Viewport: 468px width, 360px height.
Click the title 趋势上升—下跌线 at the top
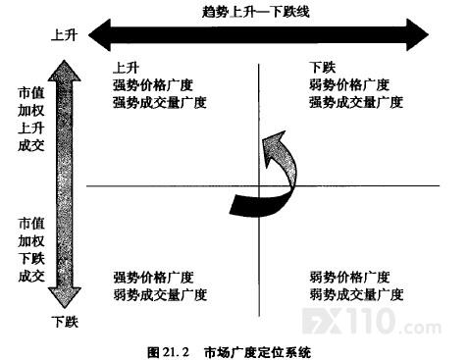click(x=256, y=12)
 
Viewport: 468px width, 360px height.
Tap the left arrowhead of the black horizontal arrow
click(x=100, y=35)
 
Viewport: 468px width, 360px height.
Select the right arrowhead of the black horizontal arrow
click(x=417, y=35)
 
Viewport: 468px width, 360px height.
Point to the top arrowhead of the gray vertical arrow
click(x=64, y=71)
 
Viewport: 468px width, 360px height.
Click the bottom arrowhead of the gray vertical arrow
click(x=65, y=297)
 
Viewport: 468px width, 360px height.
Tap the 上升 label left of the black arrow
click(x=64, y=34)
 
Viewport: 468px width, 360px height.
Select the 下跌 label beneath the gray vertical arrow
click(x=65, y=322)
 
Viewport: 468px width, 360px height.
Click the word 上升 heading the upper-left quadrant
click(x=126, y=68)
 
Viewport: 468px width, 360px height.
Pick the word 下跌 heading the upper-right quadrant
click(x=323, y=68)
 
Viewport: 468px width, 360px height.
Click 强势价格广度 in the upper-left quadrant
click(x=153, y=85)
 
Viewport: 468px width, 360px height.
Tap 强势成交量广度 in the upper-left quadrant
click(x=160, y=103)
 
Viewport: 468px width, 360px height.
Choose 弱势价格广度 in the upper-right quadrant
click(x=349, y=84)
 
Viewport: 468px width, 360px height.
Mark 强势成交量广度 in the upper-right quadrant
click(x=356, y=102)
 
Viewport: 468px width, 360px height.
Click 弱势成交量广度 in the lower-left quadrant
click(x=160, y=294)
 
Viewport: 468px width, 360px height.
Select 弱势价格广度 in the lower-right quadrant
click(x=349, y=278)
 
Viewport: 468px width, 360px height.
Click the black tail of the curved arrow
click(x=248, y=205)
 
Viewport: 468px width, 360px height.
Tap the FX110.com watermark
click(x=371, y=322)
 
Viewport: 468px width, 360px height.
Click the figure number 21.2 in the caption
click(x=176, y=352)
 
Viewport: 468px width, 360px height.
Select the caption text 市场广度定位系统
click(x=257, y=352)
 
